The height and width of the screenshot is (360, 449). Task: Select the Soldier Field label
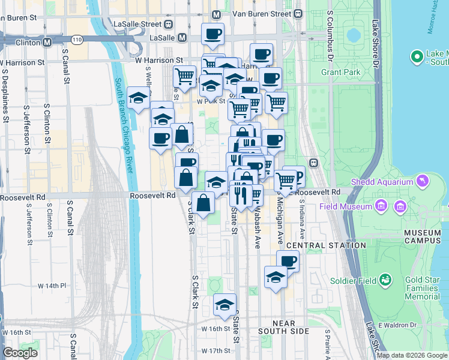[x=360, y=281]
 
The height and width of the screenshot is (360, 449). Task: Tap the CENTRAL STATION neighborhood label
[x=326, y=245]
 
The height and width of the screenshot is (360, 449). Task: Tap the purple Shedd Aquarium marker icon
[x=424, y=181]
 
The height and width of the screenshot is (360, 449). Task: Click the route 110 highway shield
[x=76, y=39]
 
